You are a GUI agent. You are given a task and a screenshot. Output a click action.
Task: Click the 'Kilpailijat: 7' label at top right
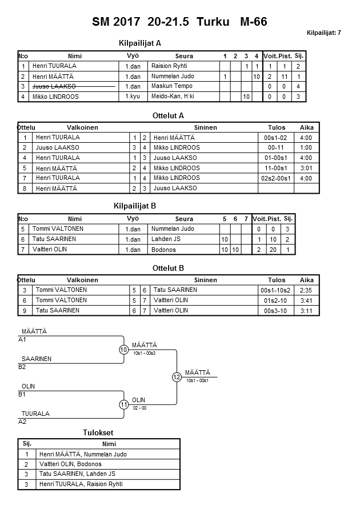pos(323,33)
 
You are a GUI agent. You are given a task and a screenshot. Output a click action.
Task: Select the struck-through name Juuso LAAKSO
pos(55,86)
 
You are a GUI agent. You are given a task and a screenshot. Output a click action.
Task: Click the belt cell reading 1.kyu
pos(133,97)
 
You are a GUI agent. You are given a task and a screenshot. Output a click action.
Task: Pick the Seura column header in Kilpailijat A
pos(184,56)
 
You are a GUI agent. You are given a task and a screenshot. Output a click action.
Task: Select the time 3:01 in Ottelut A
pos(306,169)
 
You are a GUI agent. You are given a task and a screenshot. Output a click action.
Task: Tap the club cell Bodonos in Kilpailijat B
pos(163,250)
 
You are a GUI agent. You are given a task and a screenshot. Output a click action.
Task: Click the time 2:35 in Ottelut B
pos(306,290)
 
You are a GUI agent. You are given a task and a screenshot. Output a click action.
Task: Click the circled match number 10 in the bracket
pos(123,350)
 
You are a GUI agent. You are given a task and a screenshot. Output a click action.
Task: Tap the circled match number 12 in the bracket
pos(177,377)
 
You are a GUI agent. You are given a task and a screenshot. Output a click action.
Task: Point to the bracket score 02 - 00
pos(139,408)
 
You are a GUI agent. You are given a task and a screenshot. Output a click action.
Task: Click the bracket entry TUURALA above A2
pos(35,414)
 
